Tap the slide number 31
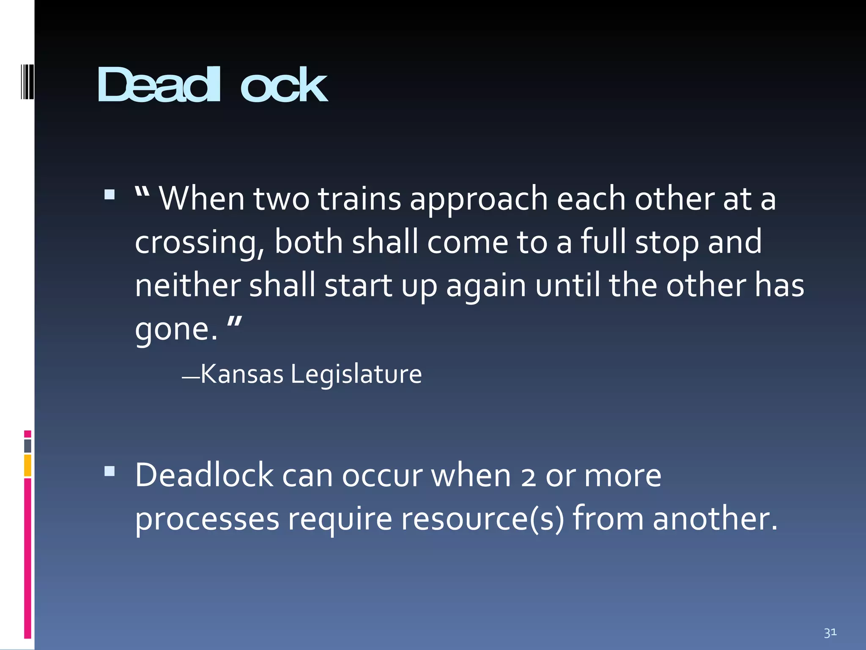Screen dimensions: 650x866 [830, 633]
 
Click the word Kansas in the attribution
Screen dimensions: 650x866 [242, 374]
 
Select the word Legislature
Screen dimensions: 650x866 [356, 375]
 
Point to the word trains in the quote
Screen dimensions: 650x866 [359, 198]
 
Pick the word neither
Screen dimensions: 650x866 [187, 285]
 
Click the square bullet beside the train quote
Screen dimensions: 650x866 [110, 194]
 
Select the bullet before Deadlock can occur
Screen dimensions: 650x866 [110, 471]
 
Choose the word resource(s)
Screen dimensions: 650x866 [482, 519]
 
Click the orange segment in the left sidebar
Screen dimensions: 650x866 [27, 465]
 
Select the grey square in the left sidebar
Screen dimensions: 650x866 [27, 446]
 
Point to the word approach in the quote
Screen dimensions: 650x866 [479, 199]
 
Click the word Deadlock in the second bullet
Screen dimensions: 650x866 [204, 476]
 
